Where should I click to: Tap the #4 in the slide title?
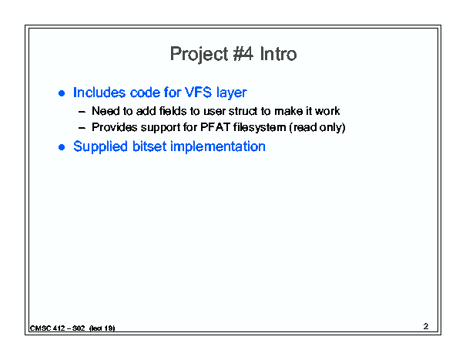[x=243, y=53]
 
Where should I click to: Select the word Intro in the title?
[x=278, y=53]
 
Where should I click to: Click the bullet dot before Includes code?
[x=62, y=93]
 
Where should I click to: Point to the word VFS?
[x=198, y=93]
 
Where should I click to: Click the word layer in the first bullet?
[x=232, y=93]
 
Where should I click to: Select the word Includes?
[x=99, y=93]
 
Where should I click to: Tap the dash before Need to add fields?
[x=82, y=112]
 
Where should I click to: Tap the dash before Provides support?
[x=82, y=128]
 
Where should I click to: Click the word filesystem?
[x=260, y=127]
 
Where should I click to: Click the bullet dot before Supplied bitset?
[x=62, y=147]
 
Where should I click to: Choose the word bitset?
[x=149, y=146]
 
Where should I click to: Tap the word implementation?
[x=218, y=146]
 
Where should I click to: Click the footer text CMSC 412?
[x=48, y=328]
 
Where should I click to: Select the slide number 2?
[x=426, y=326]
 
